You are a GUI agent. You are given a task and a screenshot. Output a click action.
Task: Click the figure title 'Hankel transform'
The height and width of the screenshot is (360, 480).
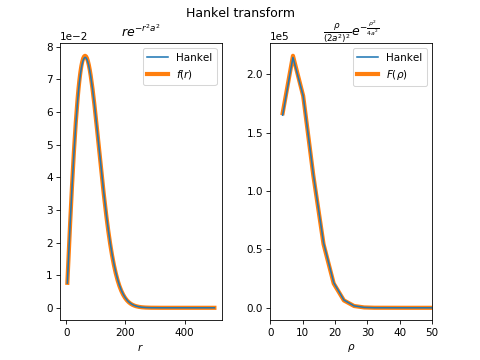240,13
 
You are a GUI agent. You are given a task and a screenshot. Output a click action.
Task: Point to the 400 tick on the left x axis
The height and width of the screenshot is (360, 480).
184,332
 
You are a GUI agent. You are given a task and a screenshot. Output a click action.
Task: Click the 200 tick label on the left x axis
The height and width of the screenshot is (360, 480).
126,332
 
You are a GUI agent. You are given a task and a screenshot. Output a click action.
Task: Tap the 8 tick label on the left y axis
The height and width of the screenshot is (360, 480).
50,47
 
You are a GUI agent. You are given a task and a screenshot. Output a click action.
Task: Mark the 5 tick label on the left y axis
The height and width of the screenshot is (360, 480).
50,145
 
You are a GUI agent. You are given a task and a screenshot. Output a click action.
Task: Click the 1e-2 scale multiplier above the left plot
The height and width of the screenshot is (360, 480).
73,36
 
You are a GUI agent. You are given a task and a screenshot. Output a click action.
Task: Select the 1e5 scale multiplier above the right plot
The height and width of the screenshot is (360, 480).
280,36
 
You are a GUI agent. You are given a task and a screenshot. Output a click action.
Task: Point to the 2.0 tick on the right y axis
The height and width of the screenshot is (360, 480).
254,75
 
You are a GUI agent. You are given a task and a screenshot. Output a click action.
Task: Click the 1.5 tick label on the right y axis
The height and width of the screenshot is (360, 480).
254,133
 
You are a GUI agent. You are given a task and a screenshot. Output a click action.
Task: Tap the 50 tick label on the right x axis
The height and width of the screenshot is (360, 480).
432,332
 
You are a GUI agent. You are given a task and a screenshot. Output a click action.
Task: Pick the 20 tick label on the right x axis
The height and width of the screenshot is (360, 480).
335,332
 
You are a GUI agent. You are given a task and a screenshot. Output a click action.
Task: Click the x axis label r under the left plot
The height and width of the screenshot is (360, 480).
140,347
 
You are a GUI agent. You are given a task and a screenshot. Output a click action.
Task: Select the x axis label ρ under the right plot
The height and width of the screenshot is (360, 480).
350,347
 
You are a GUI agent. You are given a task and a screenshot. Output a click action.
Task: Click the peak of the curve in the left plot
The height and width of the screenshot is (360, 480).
85,57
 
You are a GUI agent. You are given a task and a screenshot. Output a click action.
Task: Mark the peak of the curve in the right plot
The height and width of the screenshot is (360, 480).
293,56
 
